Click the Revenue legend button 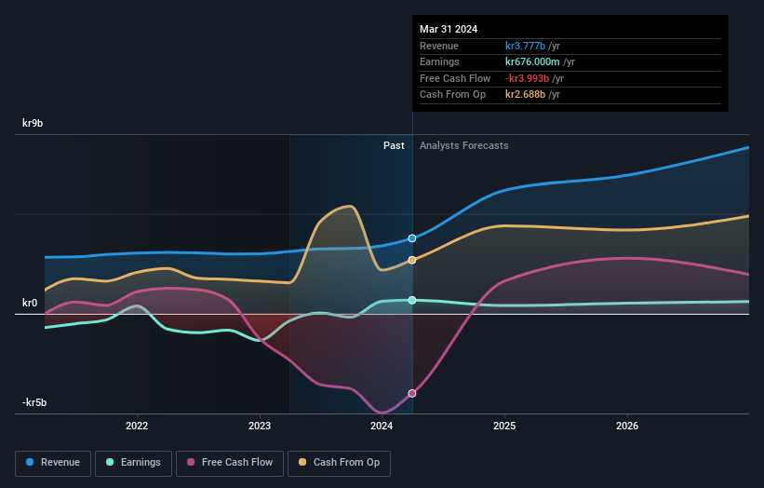[53, 462]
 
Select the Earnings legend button [133, 462]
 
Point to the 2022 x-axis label [137, 427]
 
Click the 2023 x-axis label [260, 427]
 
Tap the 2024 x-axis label [382, 427]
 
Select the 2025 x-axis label [504, 427]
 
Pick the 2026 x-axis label [627, 427]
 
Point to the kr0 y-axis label [30, 303]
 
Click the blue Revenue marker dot [412, 238]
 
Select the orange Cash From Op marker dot [412, 260]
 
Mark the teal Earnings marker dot [412, 300]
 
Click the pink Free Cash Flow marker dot [412, 393]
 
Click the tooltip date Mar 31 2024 [449, 29]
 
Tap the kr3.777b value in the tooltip [527, 46]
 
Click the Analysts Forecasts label [464, 145]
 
